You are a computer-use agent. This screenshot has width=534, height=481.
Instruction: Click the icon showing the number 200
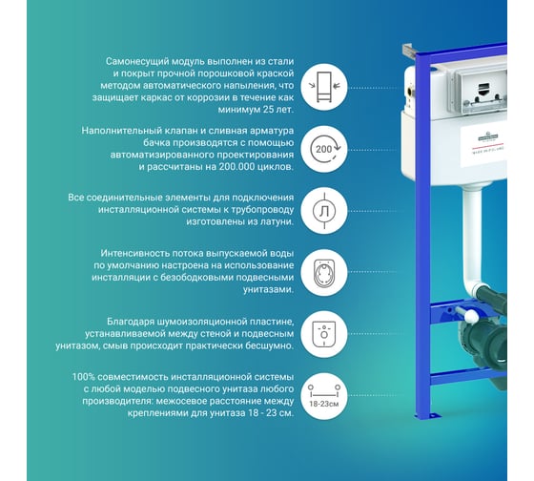(x=324, y=149)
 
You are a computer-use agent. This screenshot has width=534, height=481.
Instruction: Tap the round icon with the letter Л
(x=324, y=211)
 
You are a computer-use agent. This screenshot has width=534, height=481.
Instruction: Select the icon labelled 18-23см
(x=324, y=396)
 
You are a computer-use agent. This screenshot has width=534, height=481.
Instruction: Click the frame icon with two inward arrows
(x=324, y=87)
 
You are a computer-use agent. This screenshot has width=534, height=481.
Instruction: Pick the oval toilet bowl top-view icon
(x=324, y=272)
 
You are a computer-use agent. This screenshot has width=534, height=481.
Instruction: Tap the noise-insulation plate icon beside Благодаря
(x=324, y=334)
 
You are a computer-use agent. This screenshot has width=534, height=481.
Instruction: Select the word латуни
(x=277, y=222)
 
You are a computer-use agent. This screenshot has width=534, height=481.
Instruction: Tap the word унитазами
(x=268, y=290)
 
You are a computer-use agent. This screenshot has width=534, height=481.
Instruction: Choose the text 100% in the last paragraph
(x=82, y=377)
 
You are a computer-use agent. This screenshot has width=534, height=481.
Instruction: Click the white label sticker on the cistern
(x=483, y=147)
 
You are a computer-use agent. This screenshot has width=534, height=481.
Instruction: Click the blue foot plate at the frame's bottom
(x=428, y=415)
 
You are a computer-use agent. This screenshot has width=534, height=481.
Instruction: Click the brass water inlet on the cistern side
(x=411, y=90)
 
